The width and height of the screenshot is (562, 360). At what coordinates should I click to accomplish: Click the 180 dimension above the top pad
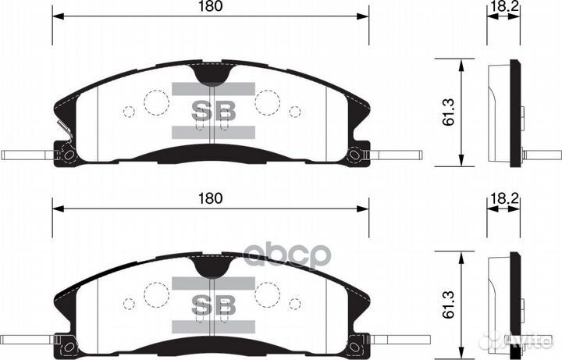point(210,6)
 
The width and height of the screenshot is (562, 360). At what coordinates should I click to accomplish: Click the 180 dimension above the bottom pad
point(210,198)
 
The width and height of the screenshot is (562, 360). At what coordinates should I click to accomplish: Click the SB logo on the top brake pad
point(213,112)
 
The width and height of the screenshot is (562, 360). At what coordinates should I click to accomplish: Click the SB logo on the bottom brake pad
point(213,303)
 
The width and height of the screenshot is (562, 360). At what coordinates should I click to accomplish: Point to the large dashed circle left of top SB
point(156,102)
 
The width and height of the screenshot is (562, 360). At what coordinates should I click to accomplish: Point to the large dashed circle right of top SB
point(268,102)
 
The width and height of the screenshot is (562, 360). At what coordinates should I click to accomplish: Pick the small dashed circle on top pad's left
point(129,112)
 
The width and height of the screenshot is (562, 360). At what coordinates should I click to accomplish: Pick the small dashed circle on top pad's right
point(295,112)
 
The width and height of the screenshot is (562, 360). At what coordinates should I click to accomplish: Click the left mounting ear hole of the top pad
point(68,155)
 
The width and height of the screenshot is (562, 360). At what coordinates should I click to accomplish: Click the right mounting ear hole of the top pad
point(355,155)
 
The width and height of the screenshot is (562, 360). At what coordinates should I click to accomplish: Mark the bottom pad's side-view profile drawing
point(505,305)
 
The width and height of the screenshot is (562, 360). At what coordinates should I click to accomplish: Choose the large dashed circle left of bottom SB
point(156,294)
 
